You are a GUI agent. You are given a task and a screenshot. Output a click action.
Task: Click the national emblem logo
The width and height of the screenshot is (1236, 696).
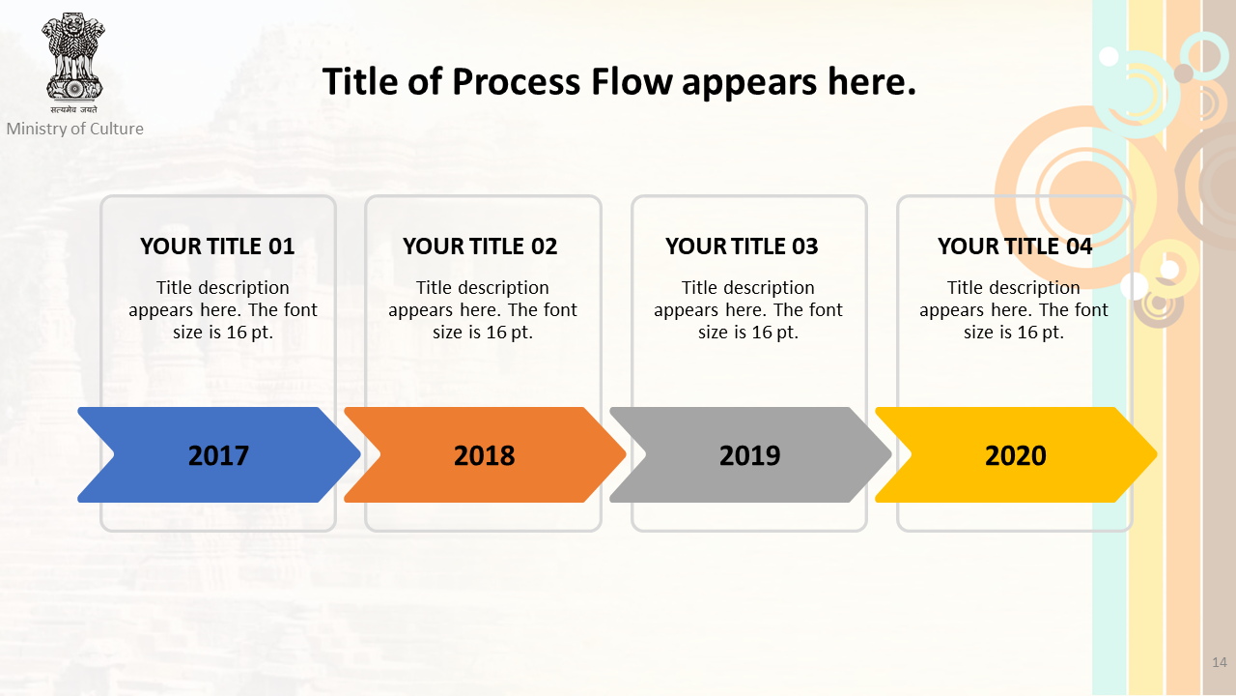[73, 62]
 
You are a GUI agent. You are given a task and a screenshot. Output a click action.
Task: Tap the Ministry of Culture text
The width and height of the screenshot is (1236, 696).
[75, 129]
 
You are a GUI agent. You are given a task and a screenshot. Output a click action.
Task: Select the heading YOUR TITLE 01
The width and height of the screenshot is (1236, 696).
[217, 246]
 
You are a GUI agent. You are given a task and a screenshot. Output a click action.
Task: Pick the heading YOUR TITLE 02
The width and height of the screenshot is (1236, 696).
[480, 246]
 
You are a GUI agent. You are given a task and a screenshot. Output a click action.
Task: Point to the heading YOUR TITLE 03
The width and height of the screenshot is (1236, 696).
[742, 246]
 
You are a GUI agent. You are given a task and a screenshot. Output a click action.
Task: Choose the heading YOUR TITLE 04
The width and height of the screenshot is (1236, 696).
[1015, 246]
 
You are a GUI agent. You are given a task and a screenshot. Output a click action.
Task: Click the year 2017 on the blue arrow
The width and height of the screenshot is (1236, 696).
[218, 455]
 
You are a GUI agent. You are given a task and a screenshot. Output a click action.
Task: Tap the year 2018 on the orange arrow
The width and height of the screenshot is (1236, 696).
[485, 455]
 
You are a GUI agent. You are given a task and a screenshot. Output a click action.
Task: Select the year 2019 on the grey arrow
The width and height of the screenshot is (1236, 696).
[750, 455]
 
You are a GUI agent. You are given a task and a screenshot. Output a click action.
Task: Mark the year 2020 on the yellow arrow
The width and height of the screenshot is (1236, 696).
[1016, 455]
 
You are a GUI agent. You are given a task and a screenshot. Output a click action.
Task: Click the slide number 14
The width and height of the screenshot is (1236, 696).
[1220, 662]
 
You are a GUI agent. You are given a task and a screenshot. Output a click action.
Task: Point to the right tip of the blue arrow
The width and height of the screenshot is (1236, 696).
[360, 454]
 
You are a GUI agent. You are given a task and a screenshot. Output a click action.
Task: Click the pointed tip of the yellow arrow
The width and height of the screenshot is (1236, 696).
[1157, 454]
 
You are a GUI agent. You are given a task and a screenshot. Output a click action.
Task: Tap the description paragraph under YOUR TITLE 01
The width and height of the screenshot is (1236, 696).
[223, 310]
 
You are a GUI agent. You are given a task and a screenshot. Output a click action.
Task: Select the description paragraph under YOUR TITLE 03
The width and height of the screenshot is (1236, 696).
[748, 310]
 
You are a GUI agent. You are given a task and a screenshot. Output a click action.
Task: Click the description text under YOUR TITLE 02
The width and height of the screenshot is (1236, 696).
[483, 310]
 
